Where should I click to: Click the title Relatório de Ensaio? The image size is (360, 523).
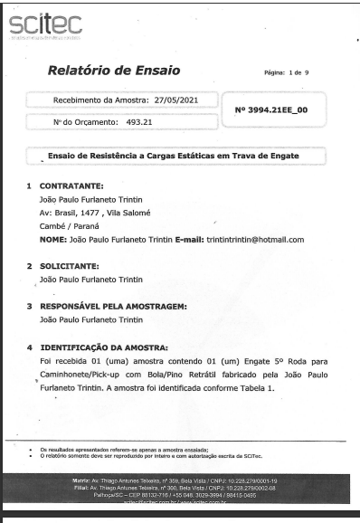coord(114,71)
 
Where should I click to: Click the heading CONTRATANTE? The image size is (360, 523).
coord(71,186)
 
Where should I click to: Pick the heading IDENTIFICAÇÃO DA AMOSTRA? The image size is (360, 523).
coord(105,347)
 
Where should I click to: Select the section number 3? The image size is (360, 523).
coord(30,307)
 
